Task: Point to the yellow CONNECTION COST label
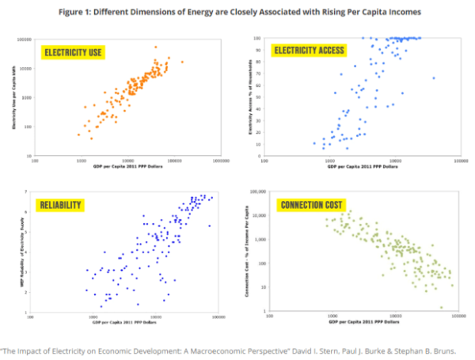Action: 310,206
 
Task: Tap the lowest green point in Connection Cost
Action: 442,308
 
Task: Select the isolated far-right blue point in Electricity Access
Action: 433,78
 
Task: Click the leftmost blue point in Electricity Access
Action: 314,143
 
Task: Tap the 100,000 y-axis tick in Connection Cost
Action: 258,191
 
